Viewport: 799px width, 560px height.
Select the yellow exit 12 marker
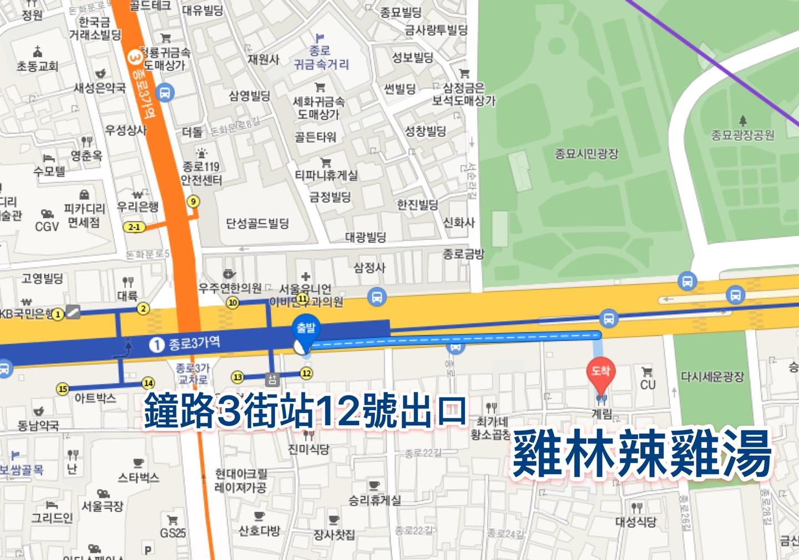(306, 373)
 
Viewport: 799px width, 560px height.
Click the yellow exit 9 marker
(193, 201)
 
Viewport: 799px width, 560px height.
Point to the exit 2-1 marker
(134, 227)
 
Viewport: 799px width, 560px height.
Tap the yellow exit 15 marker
(62, 389)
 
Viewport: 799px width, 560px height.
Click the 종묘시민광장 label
(586, 154)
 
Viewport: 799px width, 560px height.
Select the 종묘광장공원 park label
(742, 135)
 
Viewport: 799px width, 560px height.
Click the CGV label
(47, 226)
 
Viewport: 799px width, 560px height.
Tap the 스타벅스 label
(138, 477)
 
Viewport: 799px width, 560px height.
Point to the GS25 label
(173, 533)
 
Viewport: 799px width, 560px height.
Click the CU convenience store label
(648, 384)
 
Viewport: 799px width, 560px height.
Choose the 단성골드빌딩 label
(257, 223)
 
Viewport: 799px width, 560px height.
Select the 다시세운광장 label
(712, 377)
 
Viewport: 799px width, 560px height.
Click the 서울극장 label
(103, 506)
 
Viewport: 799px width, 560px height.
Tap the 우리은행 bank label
(138, 207)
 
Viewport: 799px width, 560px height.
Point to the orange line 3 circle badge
(134, 57)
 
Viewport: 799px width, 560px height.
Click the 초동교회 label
(37, 67)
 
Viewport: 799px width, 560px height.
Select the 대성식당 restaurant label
(636, 522)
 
